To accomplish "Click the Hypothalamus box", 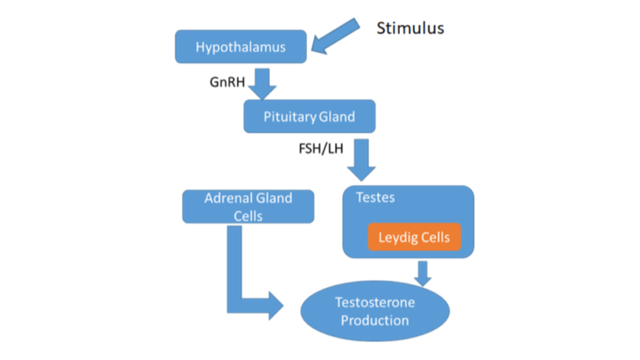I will [240, 46].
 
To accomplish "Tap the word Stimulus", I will [410, 28].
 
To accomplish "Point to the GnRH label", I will [227, 82].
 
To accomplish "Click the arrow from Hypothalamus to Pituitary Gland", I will [262, 83].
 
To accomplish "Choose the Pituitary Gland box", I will [309, 116].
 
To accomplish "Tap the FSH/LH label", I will [321, 148].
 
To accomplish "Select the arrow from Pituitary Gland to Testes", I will [361, 159].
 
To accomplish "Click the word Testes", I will [375, 197].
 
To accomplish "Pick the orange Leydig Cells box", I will [414, 236].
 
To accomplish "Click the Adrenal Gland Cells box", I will [248, 206].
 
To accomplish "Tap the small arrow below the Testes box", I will [423, 273].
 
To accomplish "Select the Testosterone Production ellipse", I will [374, 311].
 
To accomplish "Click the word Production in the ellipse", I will [374, 320].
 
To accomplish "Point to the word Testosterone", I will [374, 302].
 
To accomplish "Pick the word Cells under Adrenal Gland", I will [248, 216].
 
